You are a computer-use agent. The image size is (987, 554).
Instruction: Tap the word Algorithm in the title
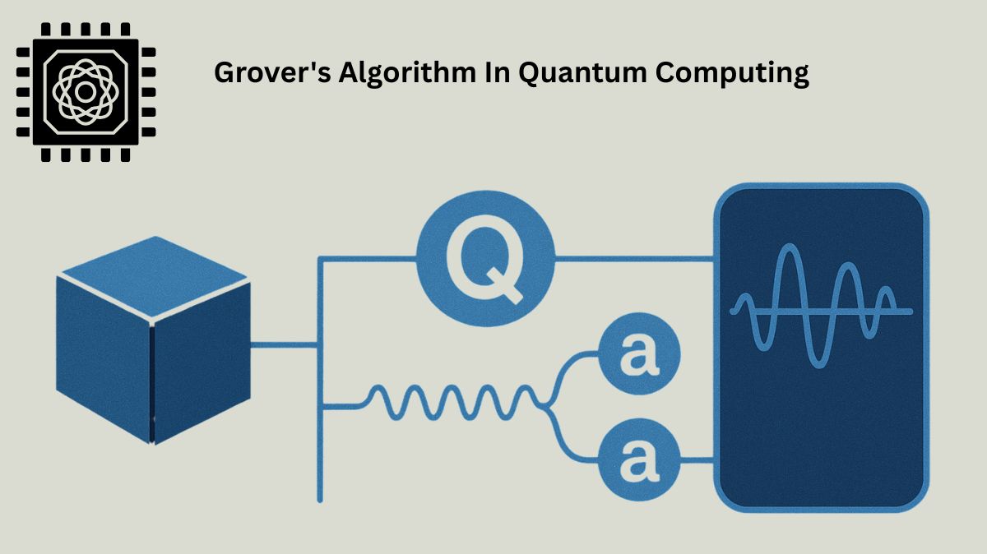pos(378,73)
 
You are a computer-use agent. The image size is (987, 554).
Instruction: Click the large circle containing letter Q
pos(485,259)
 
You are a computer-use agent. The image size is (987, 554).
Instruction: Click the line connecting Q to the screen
pos(633,259)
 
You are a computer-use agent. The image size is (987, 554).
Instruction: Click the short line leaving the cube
pos(284,345)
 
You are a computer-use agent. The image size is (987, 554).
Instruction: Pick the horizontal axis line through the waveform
pos(901,311)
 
